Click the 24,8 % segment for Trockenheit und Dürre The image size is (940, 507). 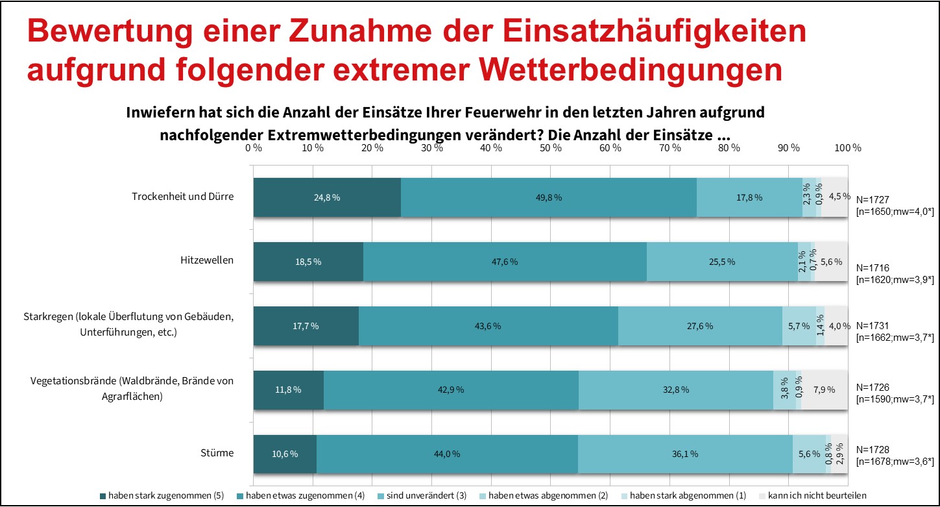click(x=327, y=197)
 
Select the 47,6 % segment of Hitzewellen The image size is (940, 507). click(x=505, y=262)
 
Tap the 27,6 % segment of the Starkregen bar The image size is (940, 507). click(x=700, y=326)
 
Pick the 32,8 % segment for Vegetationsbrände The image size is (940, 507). click(x=675, y=390)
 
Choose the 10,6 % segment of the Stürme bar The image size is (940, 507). click(x=285, y=454)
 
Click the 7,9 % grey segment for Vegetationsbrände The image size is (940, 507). click(x=824, y=390)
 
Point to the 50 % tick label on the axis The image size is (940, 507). click(x=551, y=147)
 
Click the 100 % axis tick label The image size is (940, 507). click(x=847, y=147)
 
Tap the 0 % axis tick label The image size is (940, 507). click(x=254, y=147)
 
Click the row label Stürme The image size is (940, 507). click(x=218, y=452)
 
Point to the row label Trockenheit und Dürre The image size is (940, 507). click(x=182, y=196)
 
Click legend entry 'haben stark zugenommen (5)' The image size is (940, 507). click(x=162, y=496)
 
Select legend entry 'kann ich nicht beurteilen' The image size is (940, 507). click(x=813, y=496)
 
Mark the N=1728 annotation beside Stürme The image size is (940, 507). click(x=873, y=449)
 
